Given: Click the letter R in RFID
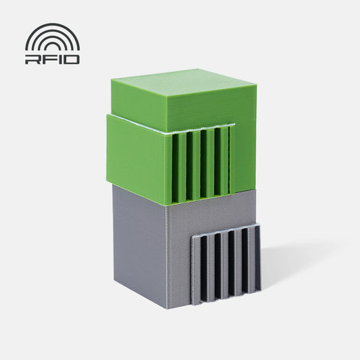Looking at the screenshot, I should click(32, 59).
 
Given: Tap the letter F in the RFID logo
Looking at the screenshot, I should click(48, 59).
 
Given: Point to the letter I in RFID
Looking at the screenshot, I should click(59, 59).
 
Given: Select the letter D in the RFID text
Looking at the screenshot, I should click(72, 59).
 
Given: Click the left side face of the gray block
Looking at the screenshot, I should click(138, 243).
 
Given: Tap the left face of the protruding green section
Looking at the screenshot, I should click(135, 155).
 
